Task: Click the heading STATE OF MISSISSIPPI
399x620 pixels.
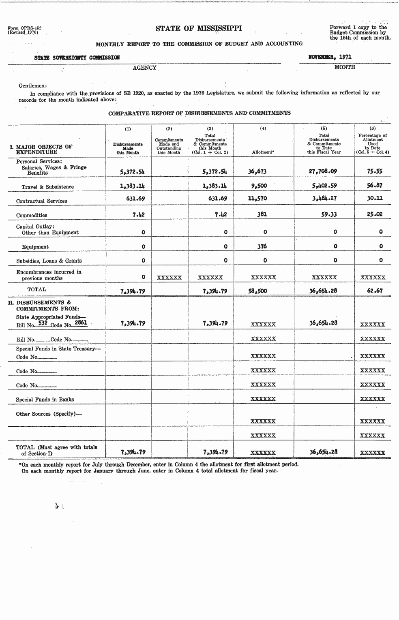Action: point(199,28)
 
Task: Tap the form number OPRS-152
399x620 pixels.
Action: point(24,28)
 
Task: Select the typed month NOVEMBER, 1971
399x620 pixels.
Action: point(330,57)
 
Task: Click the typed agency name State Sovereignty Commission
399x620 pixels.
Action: point(77,58)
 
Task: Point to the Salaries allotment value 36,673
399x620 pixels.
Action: point(257,171)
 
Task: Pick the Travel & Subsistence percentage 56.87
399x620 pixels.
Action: point(375,186)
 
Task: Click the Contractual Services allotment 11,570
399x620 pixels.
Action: point(257,199)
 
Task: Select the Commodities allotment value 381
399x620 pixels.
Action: point(262,214)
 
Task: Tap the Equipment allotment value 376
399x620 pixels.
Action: point(262,246)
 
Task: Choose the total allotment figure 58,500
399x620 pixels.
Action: point(257,291)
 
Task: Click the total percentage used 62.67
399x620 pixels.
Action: point(375,291)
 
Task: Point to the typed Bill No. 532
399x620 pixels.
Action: point(43,323)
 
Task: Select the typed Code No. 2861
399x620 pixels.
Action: point(81,323)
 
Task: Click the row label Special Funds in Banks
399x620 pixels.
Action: point(45,400)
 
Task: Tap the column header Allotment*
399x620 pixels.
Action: point(263,152)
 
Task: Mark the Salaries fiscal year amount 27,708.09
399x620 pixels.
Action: point(323,171)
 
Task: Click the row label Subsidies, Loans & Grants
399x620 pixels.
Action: point(49,261)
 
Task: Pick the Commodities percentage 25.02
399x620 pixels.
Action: point(375,214)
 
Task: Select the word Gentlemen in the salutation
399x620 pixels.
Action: point(32,86)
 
